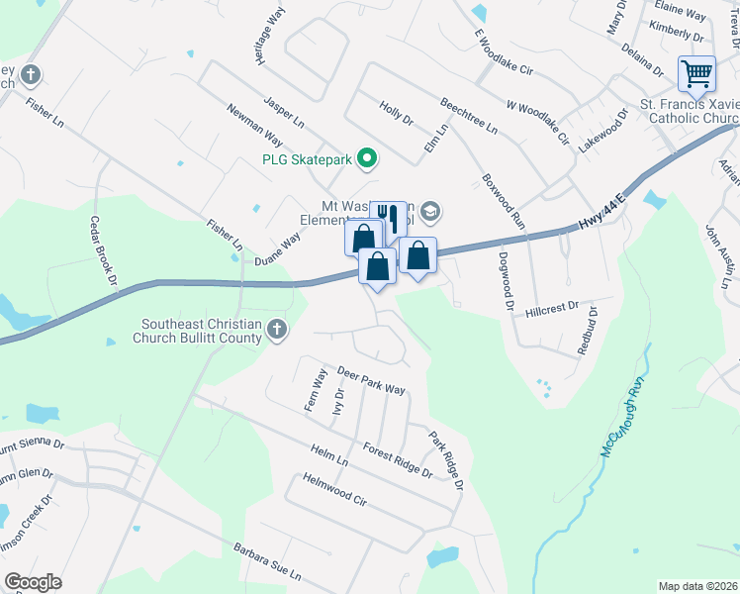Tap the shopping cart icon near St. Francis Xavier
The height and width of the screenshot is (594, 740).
point(696,73)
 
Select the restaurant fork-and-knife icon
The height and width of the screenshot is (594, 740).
point(389,218)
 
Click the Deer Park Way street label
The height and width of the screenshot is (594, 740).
point(371,381)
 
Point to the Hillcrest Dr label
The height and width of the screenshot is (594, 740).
point(552,309)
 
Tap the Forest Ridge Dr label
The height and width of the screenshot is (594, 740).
point(398,460)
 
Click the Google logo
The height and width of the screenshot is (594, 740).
point(33,582)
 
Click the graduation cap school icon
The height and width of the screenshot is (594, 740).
point(430,211)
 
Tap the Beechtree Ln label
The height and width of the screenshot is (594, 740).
point(469,116)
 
